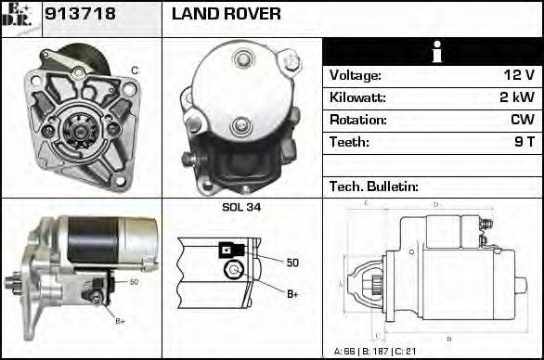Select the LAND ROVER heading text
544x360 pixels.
point(226,15)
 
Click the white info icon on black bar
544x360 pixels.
point(432,53)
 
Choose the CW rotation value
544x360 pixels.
point(523,121)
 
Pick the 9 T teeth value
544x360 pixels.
point(525,143)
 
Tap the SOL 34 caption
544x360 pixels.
point(241,207)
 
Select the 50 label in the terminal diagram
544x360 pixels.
point(292,264)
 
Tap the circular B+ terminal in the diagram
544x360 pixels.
point(233,270)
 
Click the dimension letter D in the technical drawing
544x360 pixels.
point(436,203)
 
